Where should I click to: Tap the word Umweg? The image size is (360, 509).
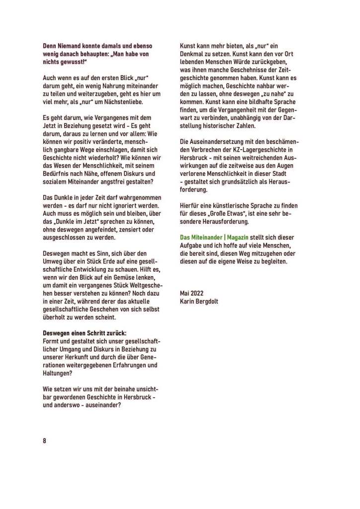tap(53, 266)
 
